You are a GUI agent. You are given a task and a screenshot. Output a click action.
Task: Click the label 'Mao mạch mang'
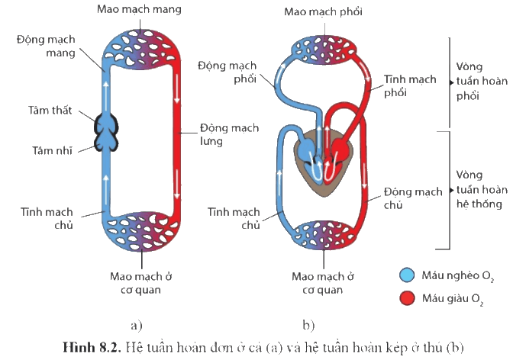(x=139, y=9)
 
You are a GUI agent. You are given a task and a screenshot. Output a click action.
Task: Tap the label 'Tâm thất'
(x=50, y=111)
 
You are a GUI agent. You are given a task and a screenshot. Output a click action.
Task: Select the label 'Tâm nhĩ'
(x=52, y=151)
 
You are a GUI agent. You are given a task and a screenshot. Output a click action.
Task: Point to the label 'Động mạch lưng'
(x=229, y=134)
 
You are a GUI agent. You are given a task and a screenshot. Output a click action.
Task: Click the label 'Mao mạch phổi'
(x=323, y=12)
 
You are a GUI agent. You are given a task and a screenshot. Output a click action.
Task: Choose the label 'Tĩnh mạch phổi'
(x=410, y=86)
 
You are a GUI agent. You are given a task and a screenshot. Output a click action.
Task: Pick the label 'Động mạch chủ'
(x=413, y=198)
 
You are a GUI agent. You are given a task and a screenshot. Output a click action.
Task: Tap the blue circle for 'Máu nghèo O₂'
(x=407, y=275)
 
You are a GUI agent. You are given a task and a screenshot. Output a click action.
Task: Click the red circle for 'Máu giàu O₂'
(x=407, y=298)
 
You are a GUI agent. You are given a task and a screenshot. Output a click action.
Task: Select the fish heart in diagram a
(x=106, y=132)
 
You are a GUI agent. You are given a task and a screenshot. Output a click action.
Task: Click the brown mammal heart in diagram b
(x=323, y=162)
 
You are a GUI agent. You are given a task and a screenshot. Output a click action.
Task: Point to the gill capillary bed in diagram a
(x=140, y=49)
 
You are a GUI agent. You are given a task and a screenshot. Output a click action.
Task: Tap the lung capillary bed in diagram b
(x=324, y=50)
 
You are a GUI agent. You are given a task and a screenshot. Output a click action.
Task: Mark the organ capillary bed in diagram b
(x=324, y=235)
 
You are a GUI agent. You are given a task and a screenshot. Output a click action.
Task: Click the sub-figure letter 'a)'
(x=137, y=325)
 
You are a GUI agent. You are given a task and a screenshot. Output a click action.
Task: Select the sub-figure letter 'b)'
(x=308, y=325)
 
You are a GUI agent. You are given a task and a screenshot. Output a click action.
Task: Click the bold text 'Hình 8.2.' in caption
(x=92, y=347)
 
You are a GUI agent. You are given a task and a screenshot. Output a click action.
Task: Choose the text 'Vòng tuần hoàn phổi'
(x=482, y=81)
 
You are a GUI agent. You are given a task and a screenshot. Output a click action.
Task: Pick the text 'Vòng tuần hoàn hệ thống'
(x=482, y=189)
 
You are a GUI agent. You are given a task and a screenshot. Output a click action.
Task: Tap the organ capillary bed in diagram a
(x=140, y=232)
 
